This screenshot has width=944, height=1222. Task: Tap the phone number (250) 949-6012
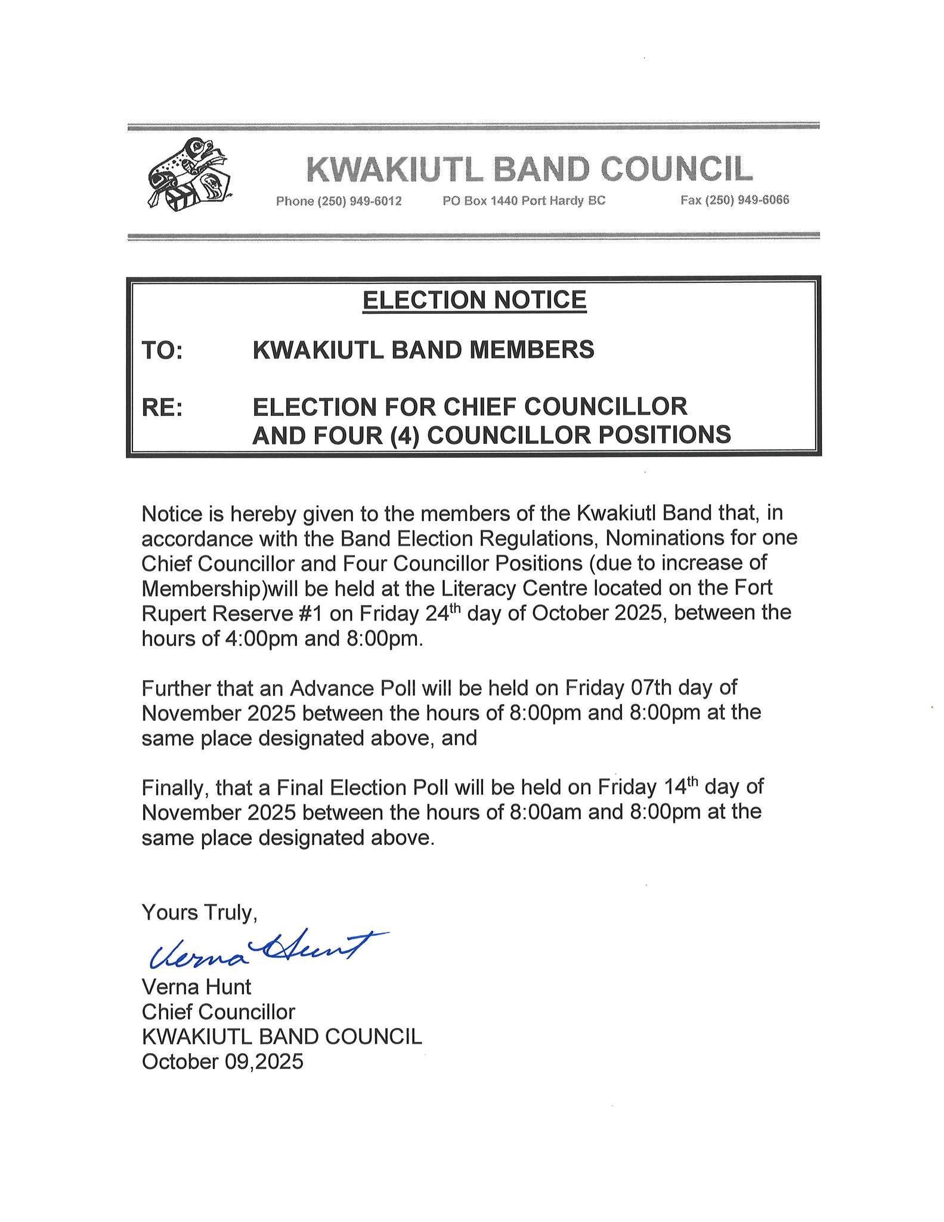(x=339, y=201)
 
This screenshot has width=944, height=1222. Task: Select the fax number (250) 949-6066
(x=735, y=200)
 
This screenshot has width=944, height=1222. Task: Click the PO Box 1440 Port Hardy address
(x=524, y=201)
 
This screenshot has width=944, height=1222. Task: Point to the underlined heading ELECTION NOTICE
(x=475, y=300)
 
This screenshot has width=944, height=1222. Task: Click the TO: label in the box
(x=162, y=351)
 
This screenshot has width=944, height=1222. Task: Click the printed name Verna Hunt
(x=196, y=988)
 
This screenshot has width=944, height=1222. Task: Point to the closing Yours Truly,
(x=199, y=913)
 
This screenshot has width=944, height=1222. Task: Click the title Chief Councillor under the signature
(x=218, y=1013)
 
